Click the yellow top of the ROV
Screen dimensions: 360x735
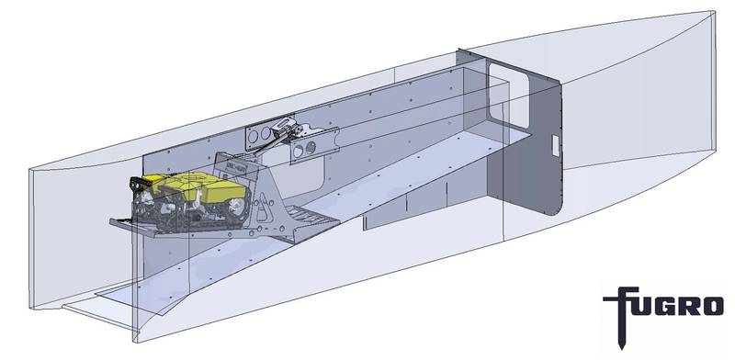tap(198, 188)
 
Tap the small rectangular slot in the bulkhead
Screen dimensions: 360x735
tap(554, 142)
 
